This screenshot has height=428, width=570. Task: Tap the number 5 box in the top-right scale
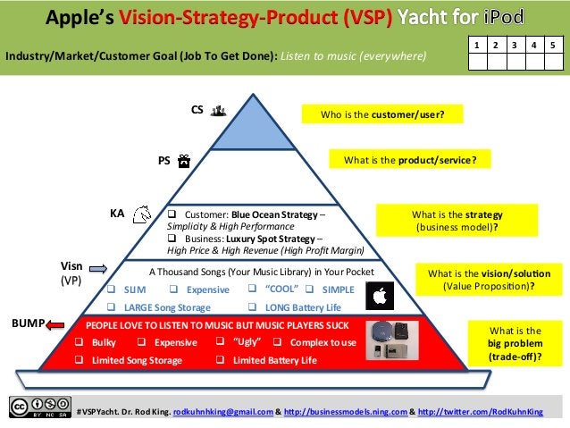(x=553, y=43)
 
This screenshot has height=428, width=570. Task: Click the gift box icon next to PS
(x=183, y=161)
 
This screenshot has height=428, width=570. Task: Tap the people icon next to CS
(x=219, y=111)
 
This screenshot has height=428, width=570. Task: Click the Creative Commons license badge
(x=39, y=407)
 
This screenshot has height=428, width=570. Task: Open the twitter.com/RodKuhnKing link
(x=480, y=411)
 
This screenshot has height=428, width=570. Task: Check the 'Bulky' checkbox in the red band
(x=79, y=343)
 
